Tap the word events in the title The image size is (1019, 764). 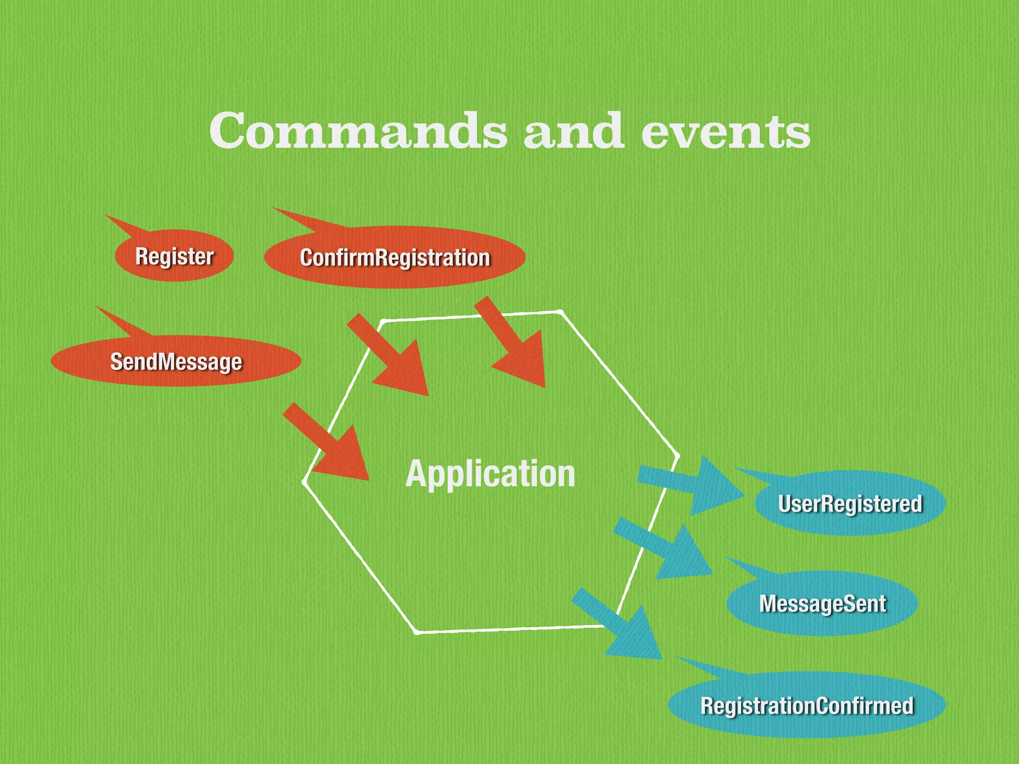725,132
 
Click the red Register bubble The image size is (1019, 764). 174,257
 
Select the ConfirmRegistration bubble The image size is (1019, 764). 395,258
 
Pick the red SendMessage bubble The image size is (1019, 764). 176,362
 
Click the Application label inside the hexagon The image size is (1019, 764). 490,474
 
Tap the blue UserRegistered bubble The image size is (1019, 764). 850,503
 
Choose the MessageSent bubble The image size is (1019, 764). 822,603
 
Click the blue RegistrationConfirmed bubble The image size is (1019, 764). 807,705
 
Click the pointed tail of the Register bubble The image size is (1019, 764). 119,223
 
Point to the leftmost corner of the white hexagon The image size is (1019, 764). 304,481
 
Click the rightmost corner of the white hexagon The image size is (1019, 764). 677,455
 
